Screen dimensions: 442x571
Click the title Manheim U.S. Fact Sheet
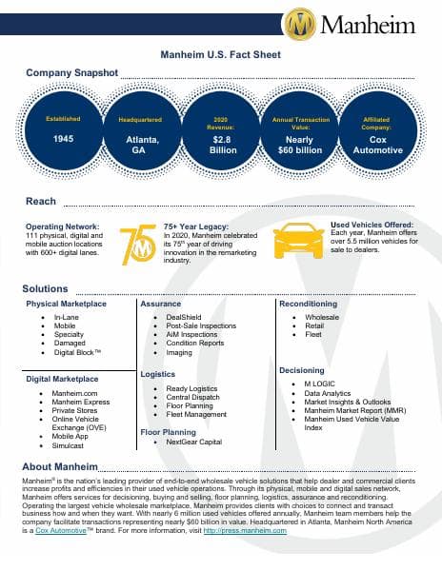pos(220,56)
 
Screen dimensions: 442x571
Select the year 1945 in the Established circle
pos(64,139)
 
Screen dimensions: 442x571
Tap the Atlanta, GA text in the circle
pos(140,144)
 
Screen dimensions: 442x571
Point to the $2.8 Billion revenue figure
pos(222,144)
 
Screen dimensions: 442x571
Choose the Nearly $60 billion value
pos(300,144)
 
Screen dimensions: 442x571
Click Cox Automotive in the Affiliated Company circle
pos(378,144)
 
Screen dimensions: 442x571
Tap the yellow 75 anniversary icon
pos(139,245)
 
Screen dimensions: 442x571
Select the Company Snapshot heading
pos(70,72)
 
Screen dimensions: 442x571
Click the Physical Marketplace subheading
pos(67,305)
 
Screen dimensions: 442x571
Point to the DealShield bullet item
pos(183,317)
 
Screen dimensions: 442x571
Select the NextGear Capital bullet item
pos(193,443)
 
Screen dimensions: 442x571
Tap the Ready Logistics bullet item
pos(193,388)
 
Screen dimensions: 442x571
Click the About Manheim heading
pos(61,467)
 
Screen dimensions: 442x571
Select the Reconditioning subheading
pos(308,305)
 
